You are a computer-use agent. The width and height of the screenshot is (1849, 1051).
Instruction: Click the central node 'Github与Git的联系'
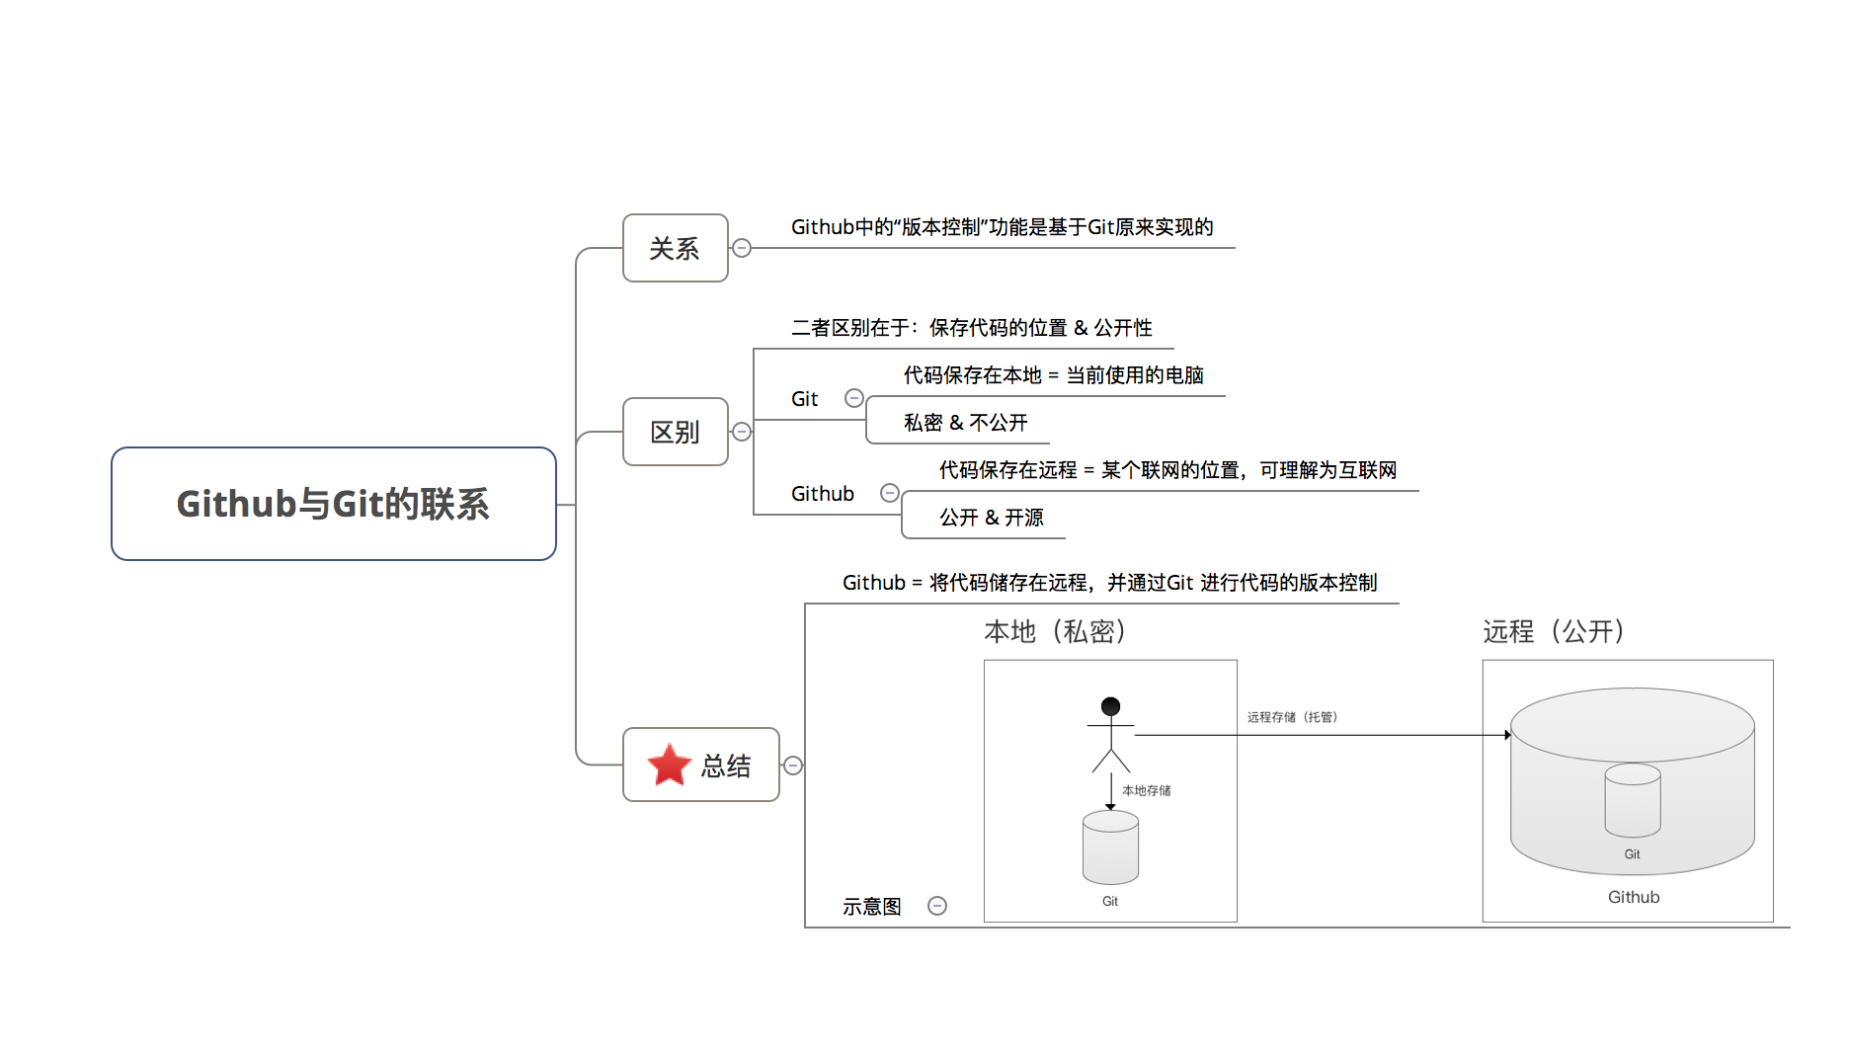pyautogui.click(x=334, y=504)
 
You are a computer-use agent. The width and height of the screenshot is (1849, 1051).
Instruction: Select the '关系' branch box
pyautogui.click(x=676, y=248)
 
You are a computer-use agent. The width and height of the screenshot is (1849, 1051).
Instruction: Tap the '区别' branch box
pyautogui.click(x=676, y=432)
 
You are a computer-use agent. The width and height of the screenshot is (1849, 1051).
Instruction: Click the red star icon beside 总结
pyautogui.click(x=670, y=765)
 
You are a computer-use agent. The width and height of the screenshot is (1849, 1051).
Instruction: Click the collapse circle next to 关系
pyautogui.click(x=742, y=248)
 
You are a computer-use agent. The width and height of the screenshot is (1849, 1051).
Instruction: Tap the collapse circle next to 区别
pyautogui.click(x=742, y=432)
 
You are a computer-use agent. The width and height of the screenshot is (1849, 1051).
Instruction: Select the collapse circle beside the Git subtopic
pyautogui.click(x=854, y=398)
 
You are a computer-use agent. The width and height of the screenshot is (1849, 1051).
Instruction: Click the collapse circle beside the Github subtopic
pyautogui.click(x=890, y=493)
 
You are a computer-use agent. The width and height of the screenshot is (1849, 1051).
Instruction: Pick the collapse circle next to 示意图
pyautogui.click(x=937, y=906)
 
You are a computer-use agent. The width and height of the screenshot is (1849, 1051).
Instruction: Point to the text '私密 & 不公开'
pyautogui.click(x=966, y=423)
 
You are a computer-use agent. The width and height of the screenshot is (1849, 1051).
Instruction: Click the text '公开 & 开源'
pyautogui.click(x=992, y=518)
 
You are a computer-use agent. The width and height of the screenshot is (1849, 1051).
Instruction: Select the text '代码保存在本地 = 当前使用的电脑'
pyautogui.click(x=1054, y=375)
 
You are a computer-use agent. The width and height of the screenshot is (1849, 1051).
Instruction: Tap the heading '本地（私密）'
pyautogui.click(x=1055, y=631)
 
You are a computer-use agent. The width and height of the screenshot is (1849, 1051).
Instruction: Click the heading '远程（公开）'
pyautogui.click(x=1554, y=631)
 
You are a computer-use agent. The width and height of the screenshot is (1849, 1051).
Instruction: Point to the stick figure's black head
pyautogui.click(x=1111, y=706)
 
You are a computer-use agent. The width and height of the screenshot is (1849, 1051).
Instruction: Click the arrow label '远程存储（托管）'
pyautogui.click(x=1292, y=717)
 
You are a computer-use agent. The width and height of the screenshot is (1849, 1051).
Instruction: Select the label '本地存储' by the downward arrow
pyautogui.click(x=1147, y=790)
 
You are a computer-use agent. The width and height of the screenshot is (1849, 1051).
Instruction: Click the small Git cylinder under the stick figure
pyautogui.click(x=1111, y=848)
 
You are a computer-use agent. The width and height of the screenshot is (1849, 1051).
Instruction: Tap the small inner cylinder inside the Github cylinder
pyautogui.click(x=1633, y=800)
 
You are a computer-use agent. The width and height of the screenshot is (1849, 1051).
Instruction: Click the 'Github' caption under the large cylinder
pyautogui.click(x=1634, y=897)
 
